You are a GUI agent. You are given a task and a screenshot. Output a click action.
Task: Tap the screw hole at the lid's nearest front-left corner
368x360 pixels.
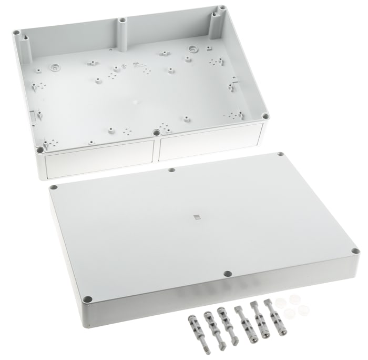[88, 299]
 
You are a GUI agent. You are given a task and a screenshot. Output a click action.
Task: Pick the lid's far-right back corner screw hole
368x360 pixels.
[280, 154]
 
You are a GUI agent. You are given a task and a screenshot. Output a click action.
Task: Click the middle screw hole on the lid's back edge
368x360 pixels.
[171, 170]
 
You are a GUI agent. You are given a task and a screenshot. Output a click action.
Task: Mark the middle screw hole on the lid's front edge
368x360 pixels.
[227, 274]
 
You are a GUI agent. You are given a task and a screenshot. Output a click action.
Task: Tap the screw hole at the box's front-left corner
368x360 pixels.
[40, 149]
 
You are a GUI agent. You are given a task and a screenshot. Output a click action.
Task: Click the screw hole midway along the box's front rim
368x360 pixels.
[156, 133]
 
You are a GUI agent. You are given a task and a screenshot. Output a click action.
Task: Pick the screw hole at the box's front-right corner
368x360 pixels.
[265, 116]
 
